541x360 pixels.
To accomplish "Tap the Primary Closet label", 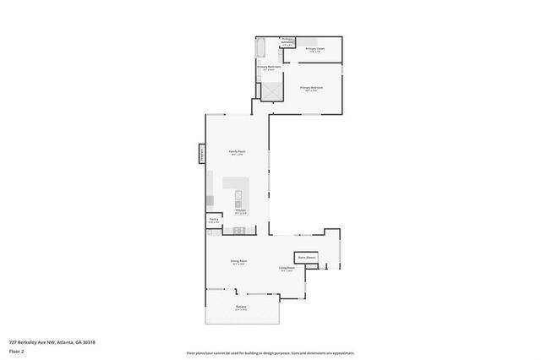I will click(315, 50).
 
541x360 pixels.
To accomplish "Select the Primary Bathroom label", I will click(269, 67).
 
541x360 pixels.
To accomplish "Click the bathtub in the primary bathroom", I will click(260, 46).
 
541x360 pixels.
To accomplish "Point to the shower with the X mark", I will click(272, 90).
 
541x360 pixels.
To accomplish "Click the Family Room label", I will click(237, 152).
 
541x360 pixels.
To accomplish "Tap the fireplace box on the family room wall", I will click(201, 154).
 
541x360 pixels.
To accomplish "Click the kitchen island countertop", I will click(235, 184).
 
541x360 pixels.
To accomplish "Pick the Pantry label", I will click(214, 220).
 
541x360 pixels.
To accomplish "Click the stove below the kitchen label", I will click(239, 230).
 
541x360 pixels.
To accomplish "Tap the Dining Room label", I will click(239, 262).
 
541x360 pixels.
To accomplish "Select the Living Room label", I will click(287, 269).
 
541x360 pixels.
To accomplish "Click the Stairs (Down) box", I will click(306, 257).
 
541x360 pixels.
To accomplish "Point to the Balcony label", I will click(240, 308).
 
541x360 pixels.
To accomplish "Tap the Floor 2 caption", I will click(17, 351).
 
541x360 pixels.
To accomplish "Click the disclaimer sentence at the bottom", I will click(270, 352).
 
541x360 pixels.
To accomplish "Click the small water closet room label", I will click(287, 41).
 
